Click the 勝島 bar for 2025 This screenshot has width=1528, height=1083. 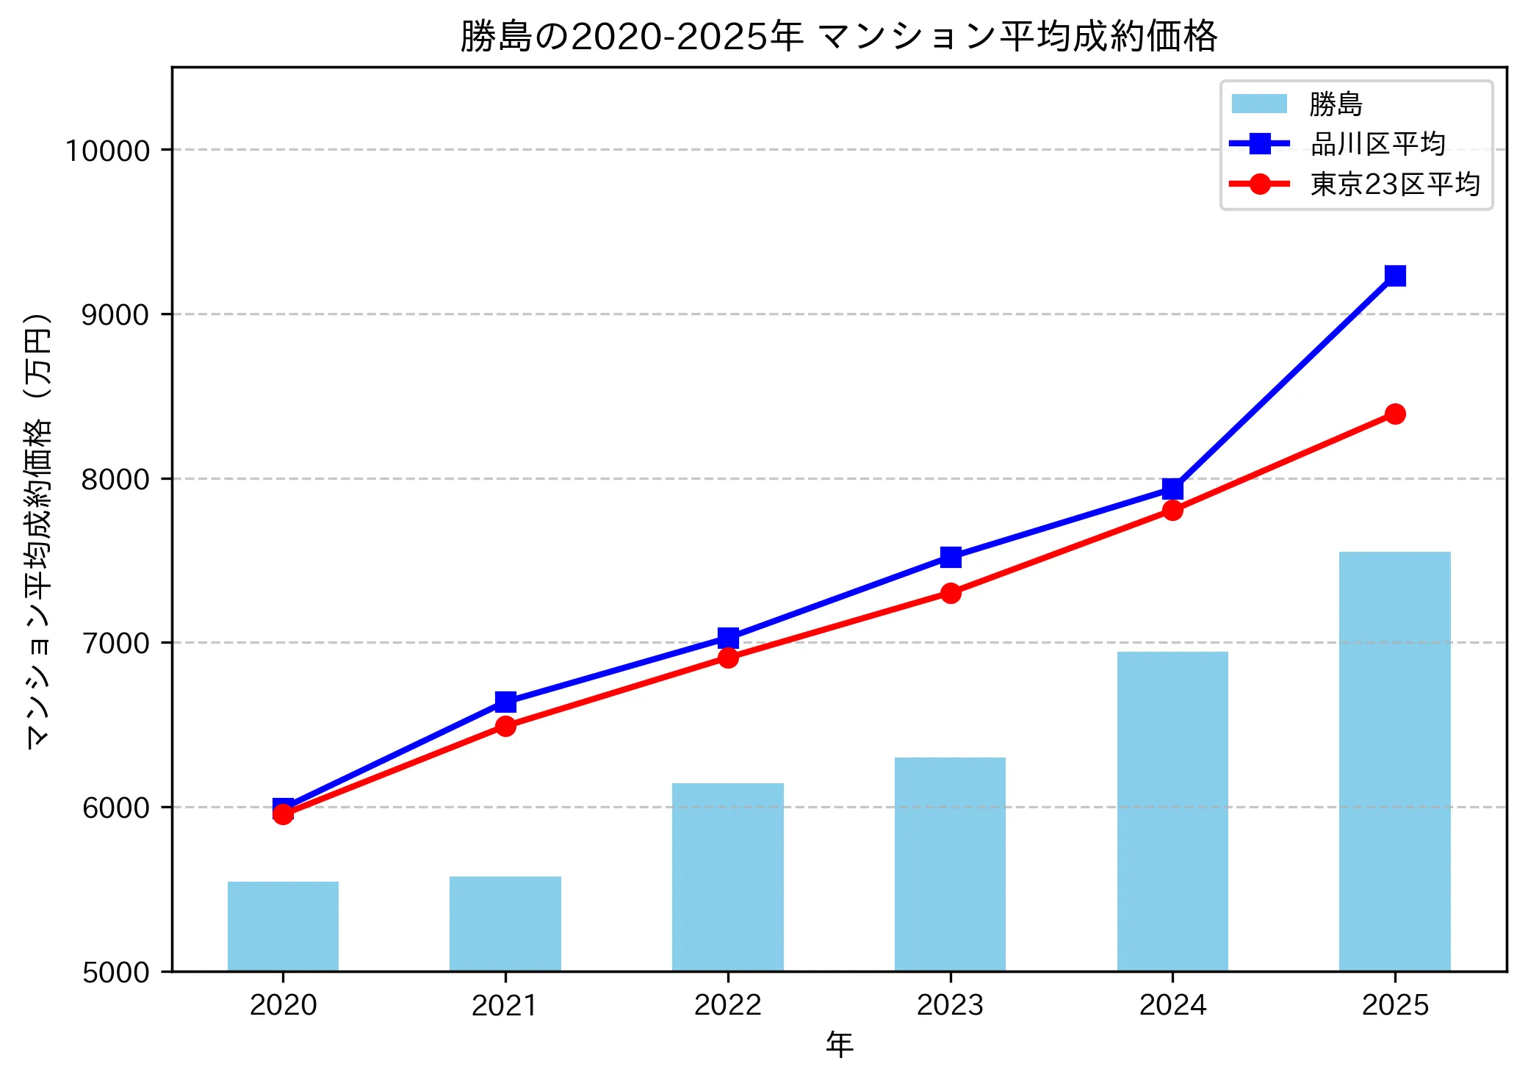coord(1394,761)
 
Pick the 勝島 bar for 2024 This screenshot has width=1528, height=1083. coord(1172,811)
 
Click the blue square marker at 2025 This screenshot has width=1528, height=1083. coord(1395,276)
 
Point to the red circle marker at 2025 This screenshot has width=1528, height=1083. coord(1395,414)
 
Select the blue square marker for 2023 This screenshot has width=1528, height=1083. coord(951,557)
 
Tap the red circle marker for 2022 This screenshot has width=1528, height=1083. coord(728,658)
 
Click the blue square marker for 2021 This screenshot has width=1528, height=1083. coord(505,702)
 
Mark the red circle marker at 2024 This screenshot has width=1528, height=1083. coord(1172,510)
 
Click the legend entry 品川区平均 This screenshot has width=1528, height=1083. coord(1377,144)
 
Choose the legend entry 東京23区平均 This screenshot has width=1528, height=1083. coord(1394,184)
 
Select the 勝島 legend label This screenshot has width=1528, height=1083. coord(1336,104)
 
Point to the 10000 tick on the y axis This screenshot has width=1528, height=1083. coord(108,151)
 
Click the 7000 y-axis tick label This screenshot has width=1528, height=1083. coord(115,644)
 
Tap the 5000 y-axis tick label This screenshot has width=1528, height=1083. coord(115,972)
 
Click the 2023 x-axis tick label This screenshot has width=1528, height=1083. coord(950,1005)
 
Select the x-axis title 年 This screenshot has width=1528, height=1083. coord(839,1043)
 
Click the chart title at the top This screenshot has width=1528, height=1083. coord(839,35)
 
